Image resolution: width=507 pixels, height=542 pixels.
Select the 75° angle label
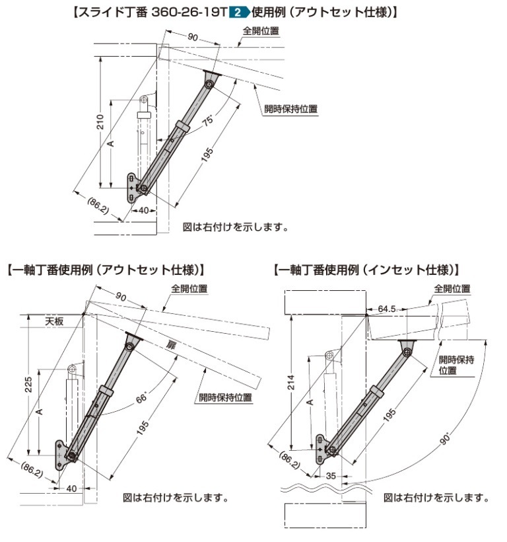click(207, 123)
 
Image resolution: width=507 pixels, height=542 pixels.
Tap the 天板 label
click(54, 321)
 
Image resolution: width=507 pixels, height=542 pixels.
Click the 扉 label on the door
click(171, 346)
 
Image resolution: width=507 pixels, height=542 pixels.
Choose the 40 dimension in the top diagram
click(141, 210)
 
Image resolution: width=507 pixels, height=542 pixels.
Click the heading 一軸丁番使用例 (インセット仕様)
click(365, 270)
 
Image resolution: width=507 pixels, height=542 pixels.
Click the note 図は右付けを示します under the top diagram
click(235, 227)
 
